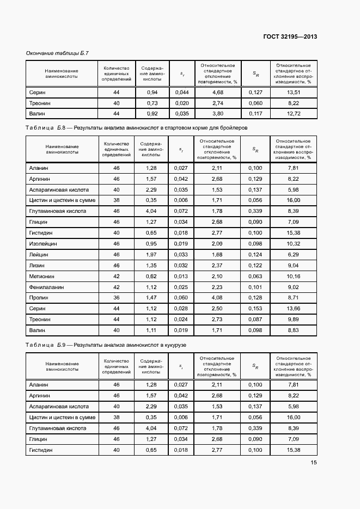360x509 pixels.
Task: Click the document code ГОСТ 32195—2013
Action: click(291, 36)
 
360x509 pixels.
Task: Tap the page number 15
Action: click(314, 463)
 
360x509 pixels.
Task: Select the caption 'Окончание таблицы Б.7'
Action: click(57, 53)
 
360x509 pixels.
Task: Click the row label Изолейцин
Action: click(43, 243)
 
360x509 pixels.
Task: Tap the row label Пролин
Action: click(39, 298)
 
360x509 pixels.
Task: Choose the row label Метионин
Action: click(42, 276)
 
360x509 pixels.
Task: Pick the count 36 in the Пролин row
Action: click(116, 298)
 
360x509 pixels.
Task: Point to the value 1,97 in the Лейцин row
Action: click(151, 254)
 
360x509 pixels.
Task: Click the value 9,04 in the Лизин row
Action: click(294, 265)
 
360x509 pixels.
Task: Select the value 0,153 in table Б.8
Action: click(255, 309)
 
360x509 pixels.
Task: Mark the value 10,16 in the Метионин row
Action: click(294, 276)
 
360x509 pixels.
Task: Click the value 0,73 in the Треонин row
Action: click(151, 103)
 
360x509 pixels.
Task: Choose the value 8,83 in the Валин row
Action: click(294, 330)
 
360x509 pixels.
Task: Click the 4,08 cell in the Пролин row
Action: click(218, 298)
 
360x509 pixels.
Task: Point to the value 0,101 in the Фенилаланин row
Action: click(255, 287)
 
